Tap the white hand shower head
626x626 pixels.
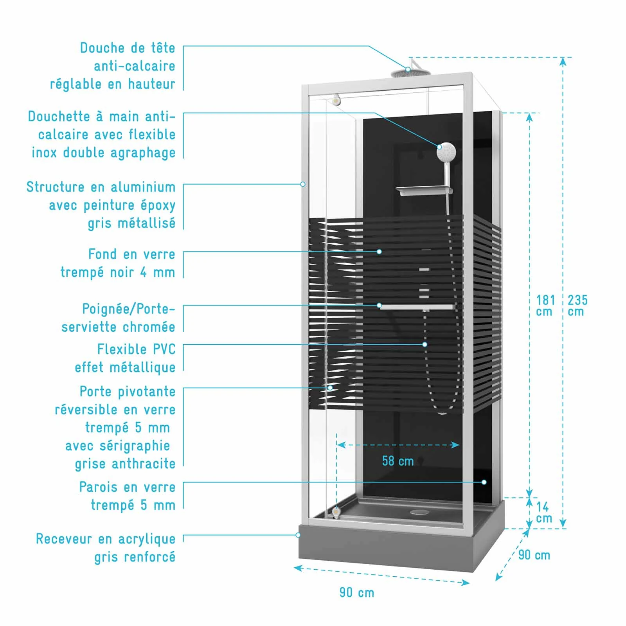446,152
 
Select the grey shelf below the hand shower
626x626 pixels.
424,191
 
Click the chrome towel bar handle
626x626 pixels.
417,307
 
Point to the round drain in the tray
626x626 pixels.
419,511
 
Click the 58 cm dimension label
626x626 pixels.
398,461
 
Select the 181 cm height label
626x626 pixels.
545,306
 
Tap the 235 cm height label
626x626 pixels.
577,306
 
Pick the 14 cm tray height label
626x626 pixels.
543,513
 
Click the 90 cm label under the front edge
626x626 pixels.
356,592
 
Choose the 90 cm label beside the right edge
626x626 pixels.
534,555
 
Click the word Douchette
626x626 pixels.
59,117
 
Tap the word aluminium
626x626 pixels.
143,187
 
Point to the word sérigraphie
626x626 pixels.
117,446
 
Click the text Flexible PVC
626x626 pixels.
136,349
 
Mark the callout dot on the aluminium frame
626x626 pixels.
303,184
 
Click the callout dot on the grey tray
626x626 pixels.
299,535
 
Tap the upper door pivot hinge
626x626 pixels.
336,100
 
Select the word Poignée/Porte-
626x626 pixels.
128,309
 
